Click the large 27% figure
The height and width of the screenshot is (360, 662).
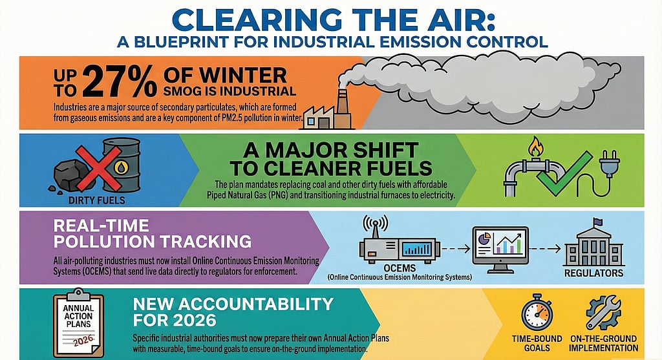(119, 82)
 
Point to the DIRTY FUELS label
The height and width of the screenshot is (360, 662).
(97, 200)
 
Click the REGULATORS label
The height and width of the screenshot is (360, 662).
(593, 273)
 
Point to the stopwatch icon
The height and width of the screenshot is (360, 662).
(537, 313)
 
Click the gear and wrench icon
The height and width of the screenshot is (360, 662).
(603, 313)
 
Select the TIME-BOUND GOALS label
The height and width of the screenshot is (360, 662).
(537, 343)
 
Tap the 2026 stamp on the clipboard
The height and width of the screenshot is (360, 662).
(83, 340)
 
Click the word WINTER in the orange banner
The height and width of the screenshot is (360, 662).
(243, 76)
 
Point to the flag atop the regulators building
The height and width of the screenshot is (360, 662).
(598, 221)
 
